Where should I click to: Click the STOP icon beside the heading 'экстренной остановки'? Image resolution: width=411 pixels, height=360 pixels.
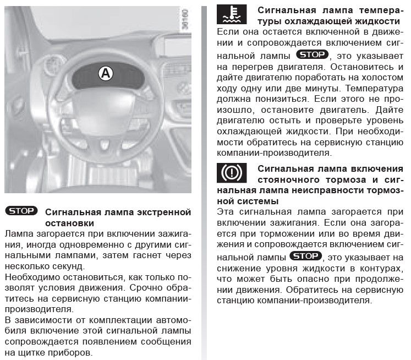(21, 211)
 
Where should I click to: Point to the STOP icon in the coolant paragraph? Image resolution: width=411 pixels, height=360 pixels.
(312, 54)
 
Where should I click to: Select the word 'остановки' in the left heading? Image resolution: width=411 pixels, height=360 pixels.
(68, 223)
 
